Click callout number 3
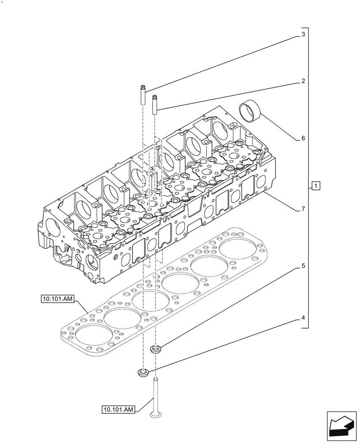pos(303,35)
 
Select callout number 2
pos(303,81)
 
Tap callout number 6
pos(303,138)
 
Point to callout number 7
pos(303,209)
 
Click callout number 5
pos(303,266)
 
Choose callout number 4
pos(303,318)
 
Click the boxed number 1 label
pos(315,186)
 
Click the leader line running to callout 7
pos(281,200)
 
